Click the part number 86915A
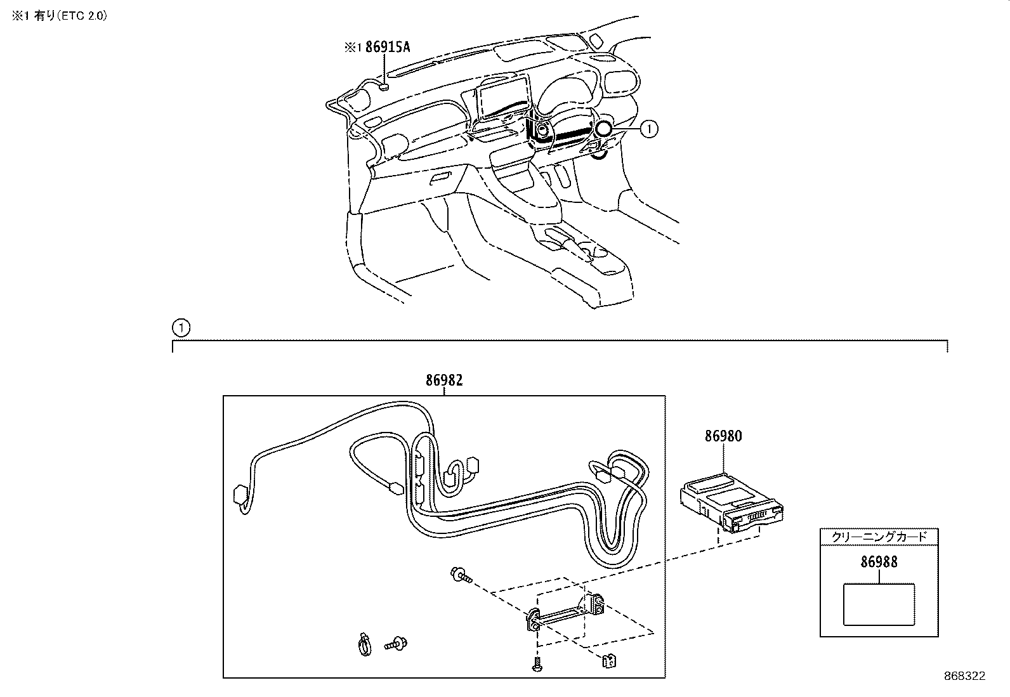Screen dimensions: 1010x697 pyautogui.click(x=388, y=47)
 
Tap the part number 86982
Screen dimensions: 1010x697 pyautogui.click(x=444, y=380)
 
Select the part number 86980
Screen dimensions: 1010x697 pyautogui.click(x=723, y=436)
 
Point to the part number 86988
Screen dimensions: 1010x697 pyautogui.click(x=879, y=562)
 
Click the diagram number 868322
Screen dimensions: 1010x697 pyautogui.click(x=965, y=676)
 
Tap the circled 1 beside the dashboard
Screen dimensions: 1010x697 pyautogui.click(x=649, y=129)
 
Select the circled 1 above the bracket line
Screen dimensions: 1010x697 pyautogui.click(x=181, y=328)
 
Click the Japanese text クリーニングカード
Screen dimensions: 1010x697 pyautogui.click(x=879, y=537)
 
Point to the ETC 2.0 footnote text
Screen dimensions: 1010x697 pyautogui.click(x=59, y=16)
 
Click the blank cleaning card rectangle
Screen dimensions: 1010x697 pyautogui.click(x=879, y=604)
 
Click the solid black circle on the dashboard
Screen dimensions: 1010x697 pyautogui.click(x=603, y=129)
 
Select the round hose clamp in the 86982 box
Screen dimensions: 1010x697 pyautogui.click(x=364, y=644)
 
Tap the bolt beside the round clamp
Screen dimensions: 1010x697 pyautogui.click(x=396, y=643)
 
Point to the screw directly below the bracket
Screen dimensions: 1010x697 pyautogui.click(x=537, y=663)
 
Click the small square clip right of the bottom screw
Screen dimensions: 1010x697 pyautogui.click(x=609, y=661)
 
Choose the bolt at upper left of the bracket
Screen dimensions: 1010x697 pyautogui.click(x=461, y=575)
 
